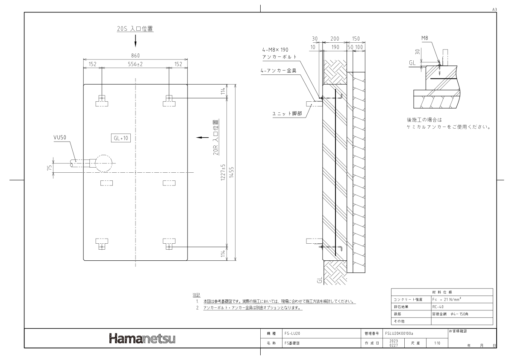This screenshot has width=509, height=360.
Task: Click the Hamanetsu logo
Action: (142, 339)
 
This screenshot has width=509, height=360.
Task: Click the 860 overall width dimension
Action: (135, 56)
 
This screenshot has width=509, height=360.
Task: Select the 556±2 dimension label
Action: (135, 64)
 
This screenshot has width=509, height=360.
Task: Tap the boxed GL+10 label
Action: (121, 138)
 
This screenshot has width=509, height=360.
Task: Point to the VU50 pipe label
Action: (60, 138)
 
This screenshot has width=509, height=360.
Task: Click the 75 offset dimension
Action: (50, 168)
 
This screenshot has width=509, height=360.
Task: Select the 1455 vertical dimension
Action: (231, 172)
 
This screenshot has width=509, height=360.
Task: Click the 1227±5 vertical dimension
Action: (223, 172)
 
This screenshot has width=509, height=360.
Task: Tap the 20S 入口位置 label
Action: (135, 29)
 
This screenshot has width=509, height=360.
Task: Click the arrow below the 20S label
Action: (135, 41)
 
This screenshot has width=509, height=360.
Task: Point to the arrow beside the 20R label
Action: (202, 137)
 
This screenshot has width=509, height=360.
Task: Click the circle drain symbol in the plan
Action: (103, 163)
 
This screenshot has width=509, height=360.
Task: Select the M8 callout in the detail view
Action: (425, 38)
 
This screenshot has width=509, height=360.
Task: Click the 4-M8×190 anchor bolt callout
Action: (275, 50)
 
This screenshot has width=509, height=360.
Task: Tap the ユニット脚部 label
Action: (287, 114)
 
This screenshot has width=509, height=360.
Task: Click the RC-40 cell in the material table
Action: (438, 307)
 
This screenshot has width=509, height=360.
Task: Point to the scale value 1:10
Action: (437, 343)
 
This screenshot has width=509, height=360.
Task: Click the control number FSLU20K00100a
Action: (399, 333)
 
